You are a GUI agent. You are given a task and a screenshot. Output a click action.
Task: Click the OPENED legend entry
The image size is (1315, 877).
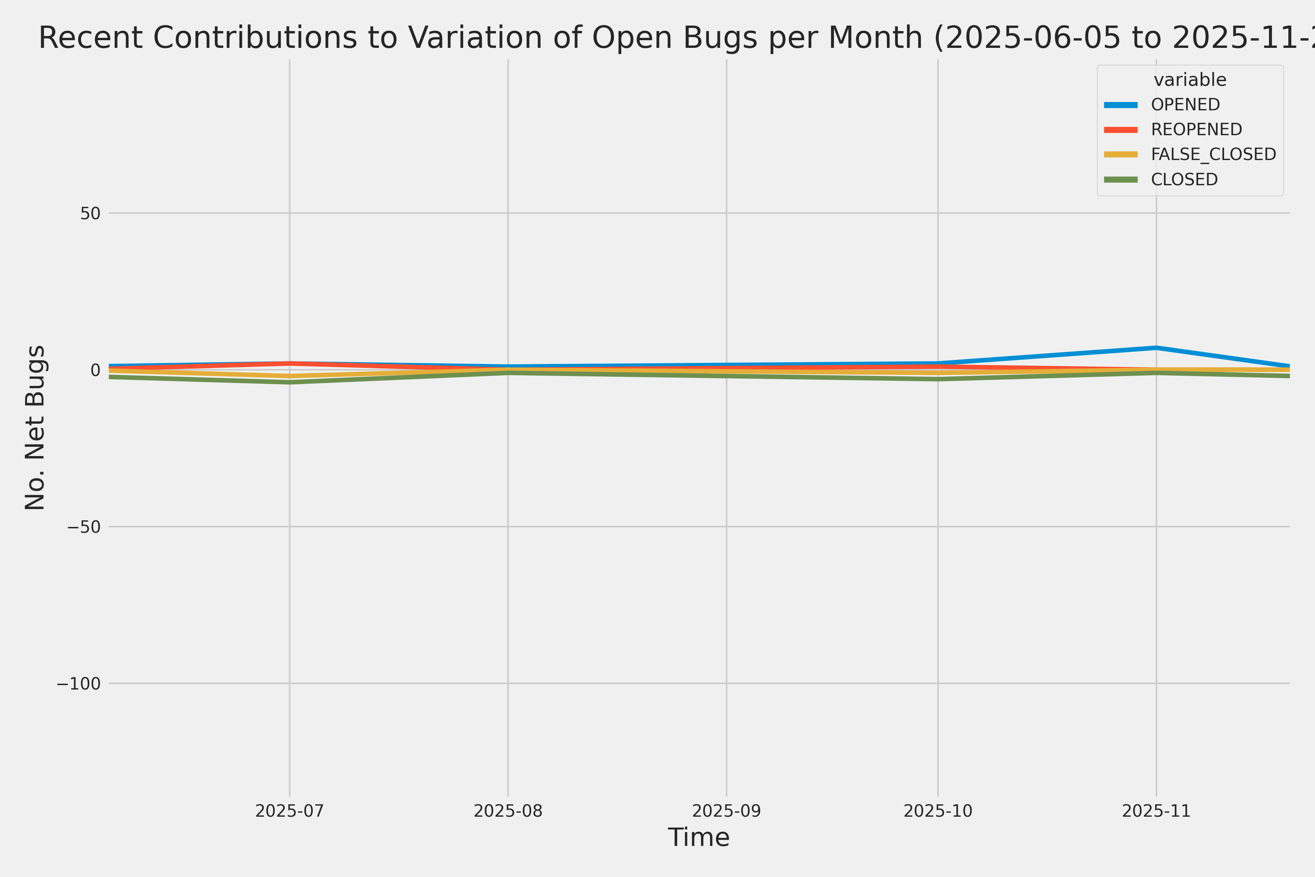[1185, 105]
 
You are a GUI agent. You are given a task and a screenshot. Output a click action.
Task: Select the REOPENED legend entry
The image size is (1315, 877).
[1197, 129]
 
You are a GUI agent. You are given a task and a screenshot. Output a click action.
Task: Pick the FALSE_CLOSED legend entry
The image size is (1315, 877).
[1213, 154]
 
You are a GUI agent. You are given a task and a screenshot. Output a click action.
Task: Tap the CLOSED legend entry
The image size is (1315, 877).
[1184, 179]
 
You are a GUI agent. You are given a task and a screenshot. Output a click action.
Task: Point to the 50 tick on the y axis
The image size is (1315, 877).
[90, 213]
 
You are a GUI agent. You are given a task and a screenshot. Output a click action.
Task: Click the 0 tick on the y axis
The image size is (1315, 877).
[95, 370]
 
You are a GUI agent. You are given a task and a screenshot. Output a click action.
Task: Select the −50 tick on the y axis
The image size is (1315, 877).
[84, 527]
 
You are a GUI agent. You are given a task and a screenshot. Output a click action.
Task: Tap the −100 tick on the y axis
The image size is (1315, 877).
[78, 683]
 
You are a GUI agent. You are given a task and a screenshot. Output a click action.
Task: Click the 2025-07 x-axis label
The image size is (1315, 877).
[290, 811]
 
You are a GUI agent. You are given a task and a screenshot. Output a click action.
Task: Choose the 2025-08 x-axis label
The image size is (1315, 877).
[508, 811]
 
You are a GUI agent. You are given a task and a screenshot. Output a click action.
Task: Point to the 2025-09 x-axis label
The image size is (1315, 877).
[726, 811]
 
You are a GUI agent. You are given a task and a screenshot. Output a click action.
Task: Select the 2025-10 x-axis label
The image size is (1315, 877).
[938, 811]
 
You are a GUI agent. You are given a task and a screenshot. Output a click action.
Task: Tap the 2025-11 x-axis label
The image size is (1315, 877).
[1156, 811]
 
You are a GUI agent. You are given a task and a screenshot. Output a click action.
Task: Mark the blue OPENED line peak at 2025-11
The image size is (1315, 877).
[1156, 348]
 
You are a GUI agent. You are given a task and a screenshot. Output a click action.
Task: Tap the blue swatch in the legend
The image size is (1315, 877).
[1121, 105]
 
